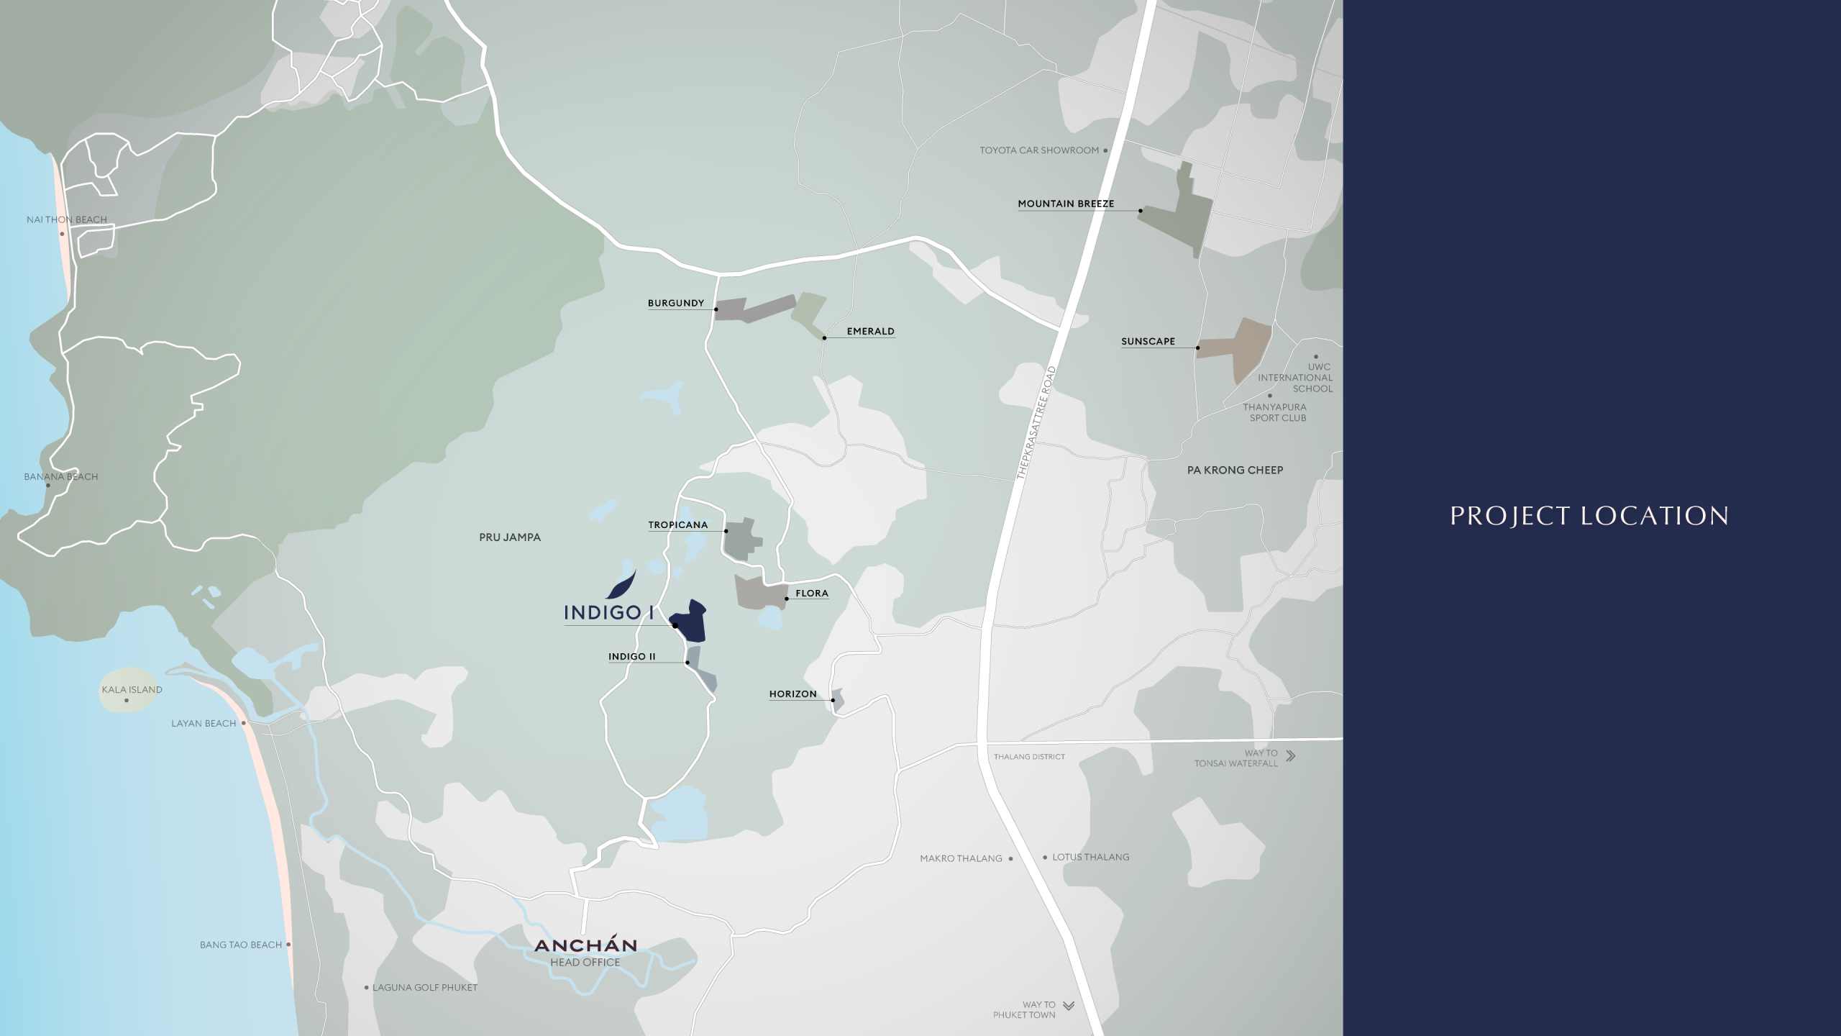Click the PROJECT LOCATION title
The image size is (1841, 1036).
(1589, 516)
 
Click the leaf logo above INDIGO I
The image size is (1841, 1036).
(621, 584)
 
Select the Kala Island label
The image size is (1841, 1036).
(132, 689)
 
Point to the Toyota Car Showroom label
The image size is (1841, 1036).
(1039, 150)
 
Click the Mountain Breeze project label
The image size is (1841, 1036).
(1066, 204)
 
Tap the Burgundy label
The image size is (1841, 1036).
(675, 303)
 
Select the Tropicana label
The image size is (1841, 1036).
(677, 524)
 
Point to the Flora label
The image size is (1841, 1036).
(812, 594)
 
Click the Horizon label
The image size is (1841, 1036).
(792, 694)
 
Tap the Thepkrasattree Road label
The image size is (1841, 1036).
(1036, 423)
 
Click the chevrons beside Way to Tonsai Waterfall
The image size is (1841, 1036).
(1291, 755)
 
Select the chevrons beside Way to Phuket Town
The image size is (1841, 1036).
(1069, 1006)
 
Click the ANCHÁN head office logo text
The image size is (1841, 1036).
(585, 945)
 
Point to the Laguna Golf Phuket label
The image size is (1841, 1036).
(424, 988)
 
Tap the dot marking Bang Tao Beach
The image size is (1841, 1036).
(288, 945)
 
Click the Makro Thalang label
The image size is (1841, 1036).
(961, 858)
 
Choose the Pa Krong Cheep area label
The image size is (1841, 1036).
(1235, 471)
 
